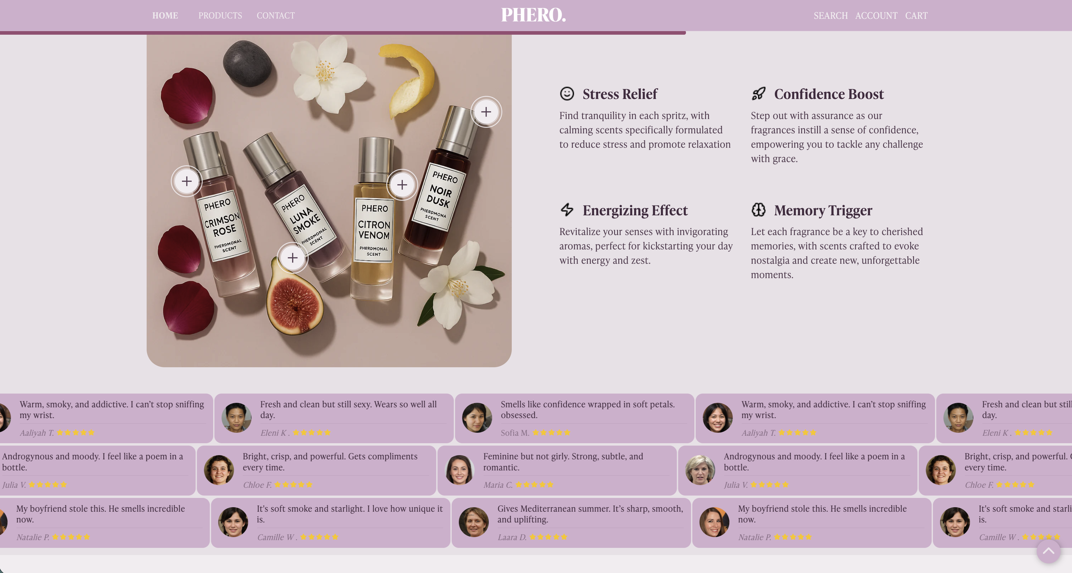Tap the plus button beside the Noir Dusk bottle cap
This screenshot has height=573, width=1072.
pyautogui.click(x=486, y=112)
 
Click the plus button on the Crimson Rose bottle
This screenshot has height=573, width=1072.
pyautogui.click(x=187, y=181)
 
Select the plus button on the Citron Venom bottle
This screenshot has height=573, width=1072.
pyautogui.click(x=402, y=185)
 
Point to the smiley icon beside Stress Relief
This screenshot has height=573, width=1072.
pyautogui.click(x=567, y=94)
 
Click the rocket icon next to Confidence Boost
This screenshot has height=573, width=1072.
pyautogui.click(x=758, y=94)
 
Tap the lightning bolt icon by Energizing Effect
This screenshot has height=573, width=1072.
pyautogui.click(x=567, y=210)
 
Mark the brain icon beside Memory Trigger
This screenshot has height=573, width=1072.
pyautogui.click(x=758, y=210)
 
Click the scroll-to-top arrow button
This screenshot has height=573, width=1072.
pyautogui.click(x=1048, y=551)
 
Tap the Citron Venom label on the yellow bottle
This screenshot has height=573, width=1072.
pyautogui.click(x=374, y=230)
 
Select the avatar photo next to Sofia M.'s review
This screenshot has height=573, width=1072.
pyautogui.click(x=477, y=417)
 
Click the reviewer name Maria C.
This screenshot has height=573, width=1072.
pyautogui.click(x=498, y=485)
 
